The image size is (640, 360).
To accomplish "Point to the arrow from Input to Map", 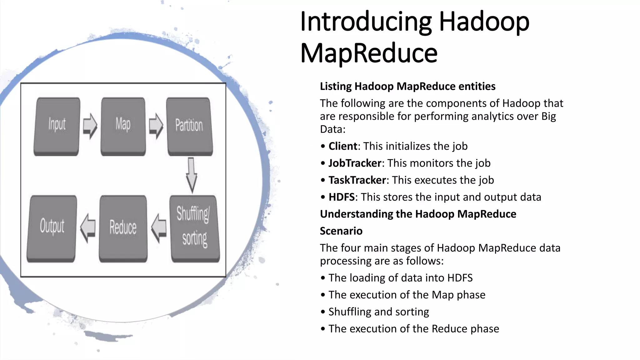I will (x=90, y=126).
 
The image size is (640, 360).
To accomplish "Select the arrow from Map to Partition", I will (x=156, y=126).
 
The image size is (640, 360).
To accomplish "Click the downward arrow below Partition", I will (x=191, y=175).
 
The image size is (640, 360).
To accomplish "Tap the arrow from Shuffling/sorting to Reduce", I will (x=159, y=228).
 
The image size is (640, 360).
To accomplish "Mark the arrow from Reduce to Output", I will (x=88, y=228).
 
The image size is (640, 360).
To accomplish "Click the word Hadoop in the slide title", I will (x=484, y=22).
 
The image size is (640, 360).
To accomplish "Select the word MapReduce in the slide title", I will (x=369, y=53).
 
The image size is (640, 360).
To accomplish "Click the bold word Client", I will (x=343, y=146).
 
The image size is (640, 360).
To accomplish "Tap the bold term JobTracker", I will (x=355, y=163).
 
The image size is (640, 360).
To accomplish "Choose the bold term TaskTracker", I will (x=357, y=180).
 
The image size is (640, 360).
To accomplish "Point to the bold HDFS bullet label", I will (x=342, y=197).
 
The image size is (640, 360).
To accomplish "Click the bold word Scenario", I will (x=341, y=231).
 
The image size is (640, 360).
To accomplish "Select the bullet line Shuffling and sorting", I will (x=379, y=312).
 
